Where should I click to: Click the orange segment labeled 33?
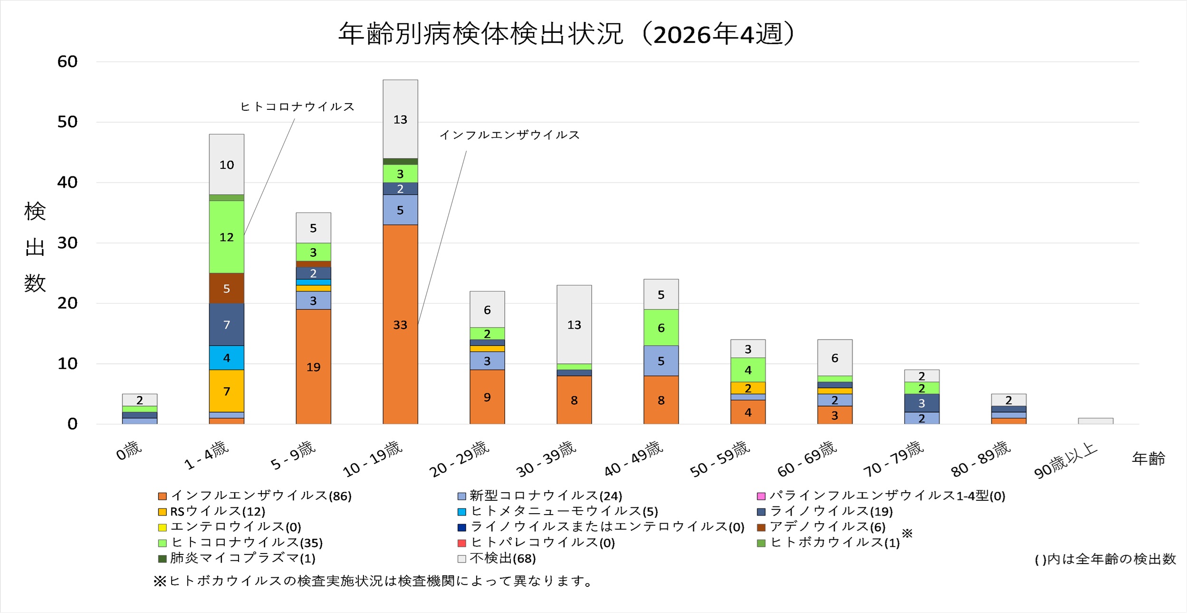[400, 324]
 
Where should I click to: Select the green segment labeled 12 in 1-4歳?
[226, 237]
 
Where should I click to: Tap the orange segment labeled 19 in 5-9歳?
[313, 367]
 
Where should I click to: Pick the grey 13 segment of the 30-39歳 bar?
[574, 324]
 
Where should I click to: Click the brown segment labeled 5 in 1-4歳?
[226, 288]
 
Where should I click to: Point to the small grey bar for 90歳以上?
[1095, 421]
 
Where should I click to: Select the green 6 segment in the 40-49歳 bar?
[661, 328]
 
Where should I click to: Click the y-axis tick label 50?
[67, 122]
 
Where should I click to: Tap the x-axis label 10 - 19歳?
[373, 458]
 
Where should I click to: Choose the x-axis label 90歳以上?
[1066, 460]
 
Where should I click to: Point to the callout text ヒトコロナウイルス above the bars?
[297, 107]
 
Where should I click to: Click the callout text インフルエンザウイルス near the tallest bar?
[509, 135]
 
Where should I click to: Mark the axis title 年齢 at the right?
[1148, 458]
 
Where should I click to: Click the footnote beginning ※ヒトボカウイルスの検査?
[373, 581]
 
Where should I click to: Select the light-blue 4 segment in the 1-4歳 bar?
[226, 358]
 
